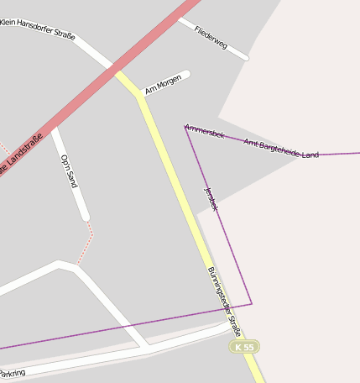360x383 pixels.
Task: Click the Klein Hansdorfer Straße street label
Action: pos(38,29)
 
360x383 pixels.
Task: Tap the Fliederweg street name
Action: pos(211,36)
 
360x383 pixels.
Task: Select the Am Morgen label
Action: pos(164,85)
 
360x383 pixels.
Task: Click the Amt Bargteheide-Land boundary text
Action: pos(281,149)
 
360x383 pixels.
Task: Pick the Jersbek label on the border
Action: pos(211,198)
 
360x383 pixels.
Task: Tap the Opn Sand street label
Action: pos(69,171)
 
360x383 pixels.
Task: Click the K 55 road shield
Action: pos(245,347)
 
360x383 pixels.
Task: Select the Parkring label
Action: pos(12,373)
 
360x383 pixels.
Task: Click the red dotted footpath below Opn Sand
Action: pos(85,244)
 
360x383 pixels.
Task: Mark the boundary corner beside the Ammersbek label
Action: pos(185,127)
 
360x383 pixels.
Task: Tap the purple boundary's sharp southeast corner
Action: pos(251,303)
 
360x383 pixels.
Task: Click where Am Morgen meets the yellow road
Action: pos(139,95)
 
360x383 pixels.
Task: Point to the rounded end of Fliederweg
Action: pos(245,58)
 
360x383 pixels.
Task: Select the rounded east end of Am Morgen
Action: pos(186,75)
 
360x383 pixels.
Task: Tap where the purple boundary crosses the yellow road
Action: pos(226,308)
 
